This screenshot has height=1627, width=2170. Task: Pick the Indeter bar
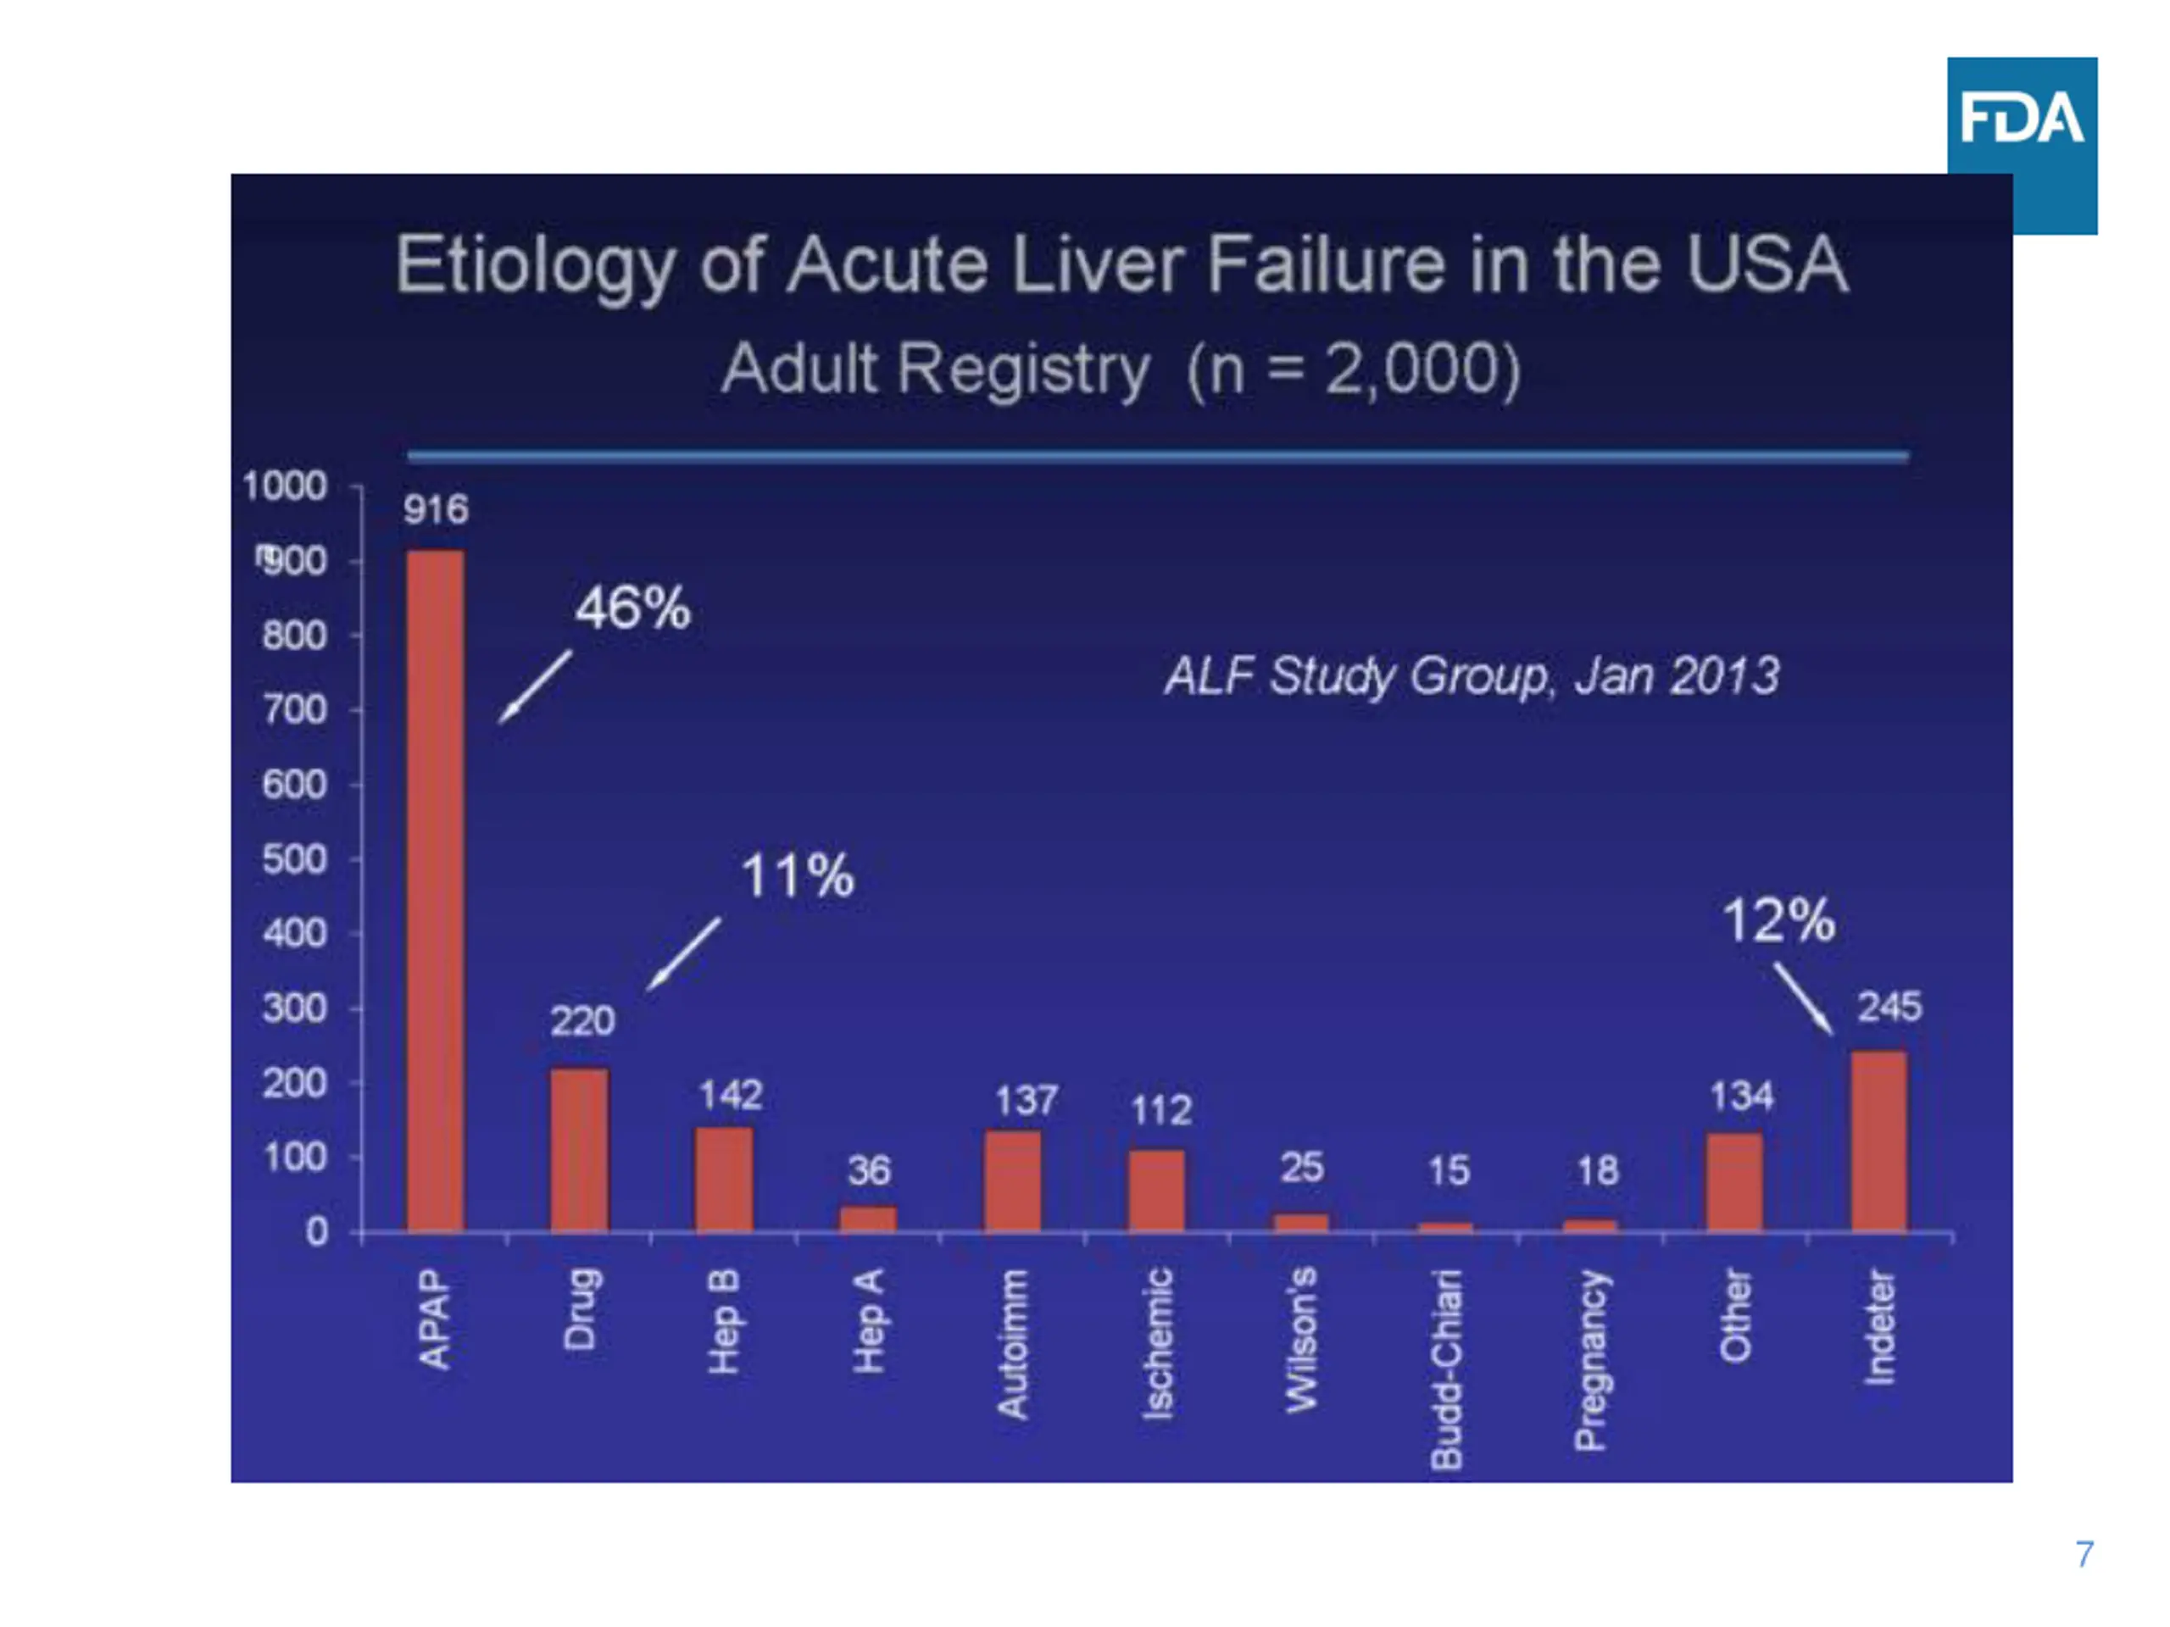click(x=1878, y=1141)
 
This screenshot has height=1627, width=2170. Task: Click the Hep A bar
click(x=868, y=1219)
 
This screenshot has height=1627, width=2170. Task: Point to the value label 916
click(x=436, y=510)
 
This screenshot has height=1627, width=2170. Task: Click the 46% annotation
click(x=632, y=609)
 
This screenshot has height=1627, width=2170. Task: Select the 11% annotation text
click(x=797, y=875)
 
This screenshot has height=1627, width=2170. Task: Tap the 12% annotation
click(x=1778, y=921)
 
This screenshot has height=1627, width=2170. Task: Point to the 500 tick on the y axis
click(x=294, y=860)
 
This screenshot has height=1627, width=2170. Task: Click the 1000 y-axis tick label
click(x=285, y=486)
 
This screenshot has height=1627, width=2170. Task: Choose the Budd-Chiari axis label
click(x=1446, y=1369)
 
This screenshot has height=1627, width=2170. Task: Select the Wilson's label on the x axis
click(x=1302, y=1340)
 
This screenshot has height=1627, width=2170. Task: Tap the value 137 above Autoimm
click(x=1027, y=1102)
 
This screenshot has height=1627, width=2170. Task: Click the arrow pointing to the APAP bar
click(x=535, y=687)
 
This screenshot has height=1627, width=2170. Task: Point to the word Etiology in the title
click(x=535, y=266)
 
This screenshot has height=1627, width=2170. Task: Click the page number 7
click(x=2084, y=1553)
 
